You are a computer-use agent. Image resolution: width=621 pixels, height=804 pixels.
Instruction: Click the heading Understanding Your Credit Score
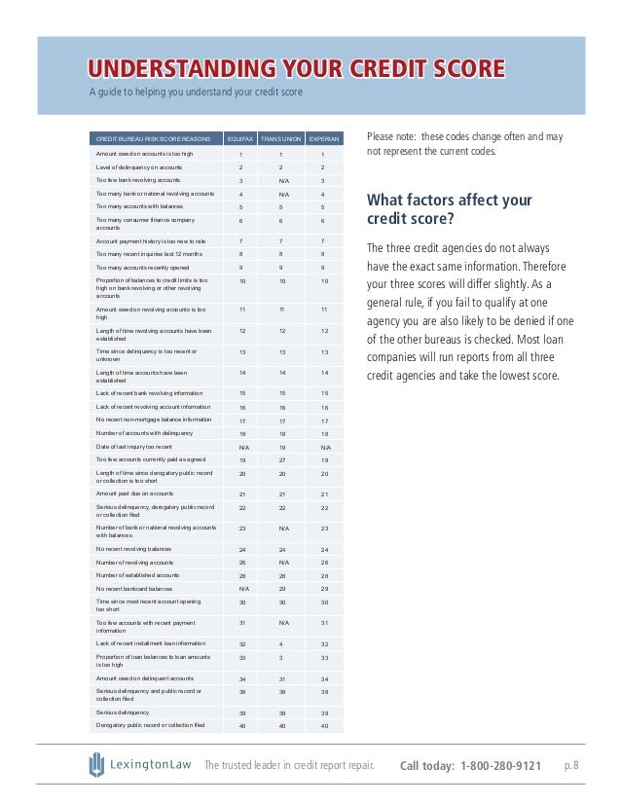pos(297,68)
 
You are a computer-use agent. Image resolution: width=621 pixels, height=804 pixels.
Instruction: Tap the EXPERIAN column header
pos(324,138)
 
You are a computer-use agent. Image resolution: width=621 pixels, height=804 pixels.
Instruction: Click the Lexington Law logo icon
pos(96,765)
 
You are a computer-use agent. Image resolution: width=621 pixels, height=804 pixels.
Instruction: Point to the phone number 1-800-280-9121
pos(501,766)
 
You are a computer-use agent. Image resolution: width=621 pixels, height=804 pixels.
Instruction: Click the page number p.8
pos(571,766)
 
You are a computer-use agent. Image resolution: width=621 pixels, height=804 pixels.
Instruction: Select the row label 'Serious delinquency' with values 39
pos(122,713)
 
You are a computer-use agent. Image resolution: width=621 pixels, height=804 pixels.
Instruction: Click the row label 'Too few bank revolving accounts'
pos(137,180)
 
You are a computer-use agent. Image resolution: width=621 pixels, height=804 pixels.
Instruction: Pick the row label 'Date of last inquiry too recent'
pos(141,445)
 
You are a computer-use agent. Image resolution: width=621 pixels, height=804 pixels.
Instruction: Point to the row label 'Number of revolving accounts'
pos(134,563)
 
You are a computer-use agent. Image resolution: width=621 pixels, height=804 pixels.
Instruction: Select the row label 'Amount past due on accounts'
pos(136,494)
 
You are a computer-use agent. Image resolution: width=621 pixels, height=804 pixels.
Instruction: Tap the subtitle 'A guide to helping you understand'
pos(196,92)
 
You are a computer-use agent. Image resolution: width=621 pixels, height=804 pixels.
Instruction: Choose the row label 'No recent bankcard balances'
pos(134,589)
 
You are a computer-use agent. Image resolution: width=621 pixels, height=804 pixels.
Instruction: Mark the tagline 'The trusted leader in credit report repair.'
pos(289,766)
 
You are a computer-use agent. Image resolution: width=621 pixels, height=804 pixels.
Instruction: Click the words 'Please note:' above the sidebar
pos(390,137)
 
